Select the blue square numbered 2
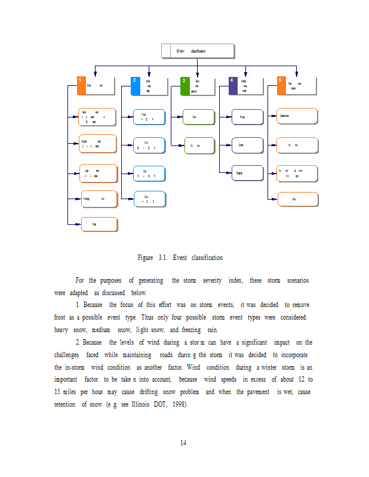tap(136, 85)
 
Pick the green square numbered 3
tap(185, 85)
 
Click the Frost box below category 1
tap(99, 224)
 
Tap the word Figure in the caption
tap(145, 258)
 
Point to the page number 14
tap(184, 442)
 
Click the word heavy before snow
tap(61, 330)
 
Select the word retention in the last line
tap(67, 405)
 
